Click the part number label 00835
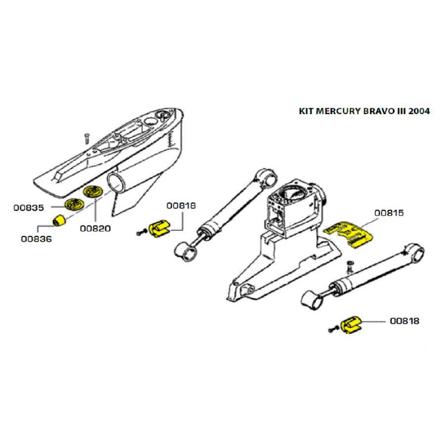tap(29, 208)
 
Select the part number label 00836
tap(36, 239)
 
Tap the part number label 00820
tap(95, 228)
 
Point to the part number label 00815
tap(389, 213)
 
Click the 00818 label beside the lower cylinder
tap(404, 321)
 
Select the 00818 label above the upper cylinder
tap(181, 206)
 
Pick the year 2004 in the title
tap(419, 111)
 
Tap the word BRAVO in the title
tap(377, 111)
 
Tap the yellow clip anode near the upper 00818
tap(159, 228)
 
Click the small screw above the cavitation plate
tap(87, 138)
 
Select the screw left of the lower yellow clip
tap(333, 329)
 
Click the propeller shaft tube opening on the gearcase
tap(116, 183)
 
